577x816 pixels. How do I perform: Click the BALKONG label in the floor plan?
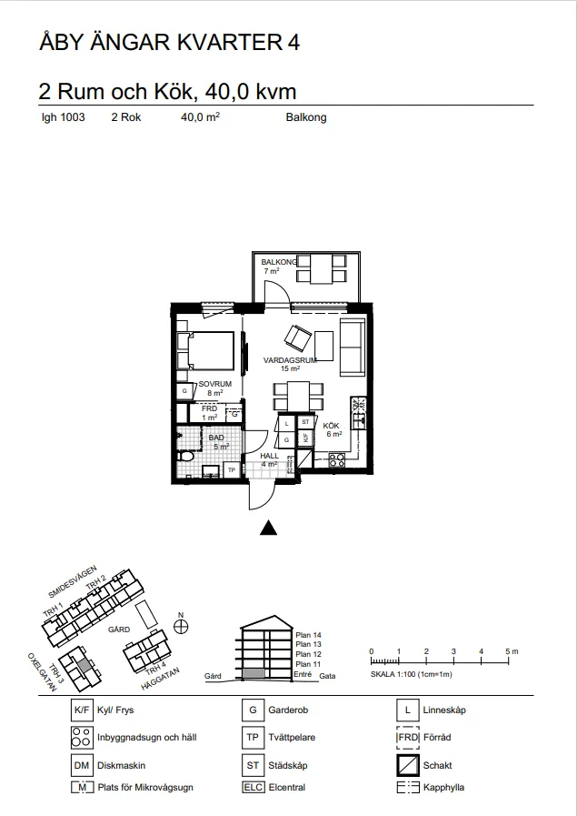(279, 262)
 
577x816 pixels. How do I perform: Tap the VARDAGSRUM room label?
(290, 360)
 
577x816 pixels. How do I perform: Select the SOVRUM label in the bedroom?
(215, 384)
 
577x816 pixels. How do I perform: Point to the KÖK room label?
(331, 426)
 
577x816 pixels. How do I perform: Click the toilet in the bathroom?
(184, 457)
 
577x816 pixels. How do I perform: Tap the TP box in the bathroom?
(232, 470)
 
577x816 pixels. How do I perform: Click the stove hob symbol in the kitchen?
(337, 460)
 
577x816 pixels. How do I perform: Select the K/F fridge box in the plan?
(305, 438)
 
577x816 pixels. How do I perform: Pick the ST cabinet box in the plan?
(305, 422)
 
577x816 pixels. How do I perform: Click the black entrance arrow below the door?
(268, 528)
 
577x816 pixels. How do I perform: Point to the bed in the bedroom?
(206, 351)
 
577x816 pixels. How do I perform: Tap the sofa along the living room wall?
(353, 348)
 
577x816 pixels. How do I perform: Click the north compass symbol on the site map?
(181, 627)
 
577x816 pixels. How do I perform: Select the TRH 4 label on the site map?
(155, 667)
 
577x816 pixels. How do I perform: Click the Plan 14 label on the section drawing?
(309, 635)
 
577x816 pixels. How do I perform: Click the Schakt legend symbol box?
(408, 765)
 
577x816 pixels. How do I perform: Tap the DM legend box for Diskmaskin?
(82, 766)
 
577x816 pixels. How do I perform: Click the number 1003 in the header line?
(73, 117)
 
